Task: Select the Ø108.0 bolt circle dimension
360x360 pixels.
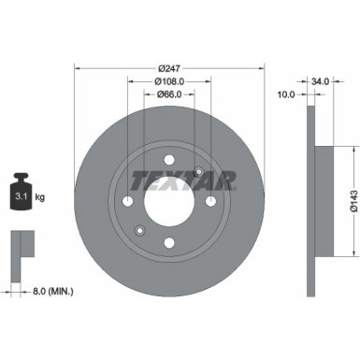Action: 168,80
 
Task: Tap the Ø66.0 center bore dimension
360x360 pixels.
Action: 168,94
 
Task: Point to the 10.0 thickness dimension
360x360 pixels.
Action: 287,94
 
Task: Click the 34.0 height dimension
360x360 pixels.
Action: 320,81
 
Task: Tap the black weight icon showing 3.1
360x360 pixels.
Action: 21,194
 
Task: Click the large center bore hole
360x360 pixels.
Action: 169,200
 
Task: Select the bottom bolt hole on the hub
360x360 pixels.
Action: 169,243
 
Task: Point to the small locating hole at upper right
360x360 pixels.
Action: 199,170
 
